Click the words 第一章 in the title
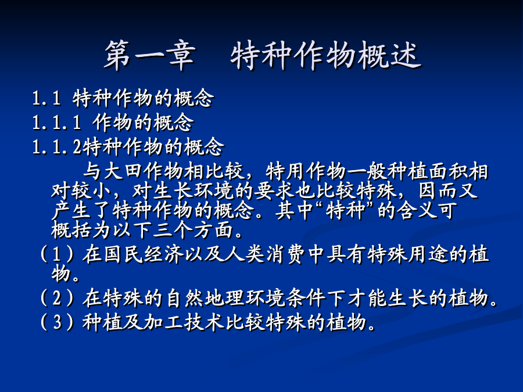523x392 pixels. tap(150, 55)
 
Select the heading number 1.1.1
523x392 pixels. tap(57, 123)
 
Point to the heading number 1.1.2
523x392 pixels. tap(57, 147)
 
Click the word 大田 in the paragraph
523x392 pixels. tap(123, 171)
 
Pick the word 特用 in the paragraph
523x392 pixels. tap(285, 171)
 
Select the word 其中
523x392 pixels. tap(294, 211)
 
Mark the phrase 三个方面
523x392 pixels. tap(194, 230)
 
